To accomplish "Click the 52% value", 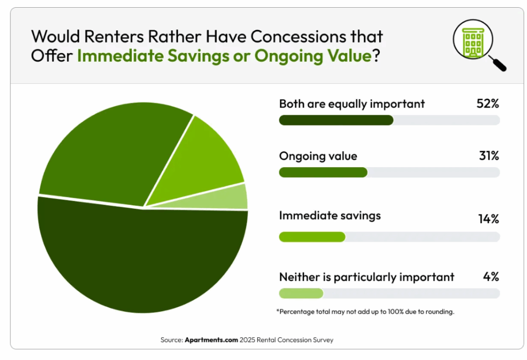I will pyautogui.click(x=487, y=103).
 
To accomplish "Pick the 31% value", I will pyautogui.click(x=488, y=156).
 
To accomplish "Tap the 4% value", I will pyautogui.click(x=491, y=277).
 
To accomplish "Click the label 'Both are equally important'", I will pyautogui.click(x=352, y=104).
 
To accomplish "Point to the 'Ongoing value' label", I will pyautogui.click(x=318, y=156).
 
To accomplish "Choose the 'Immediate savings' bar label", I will pyautogui.click(x=330, y=215).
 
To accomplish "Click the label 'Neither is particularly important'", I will pyautogui.click(x=366, y=277).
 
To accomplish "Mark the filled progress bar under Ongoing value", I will pyautogui.click(x=323, y=172).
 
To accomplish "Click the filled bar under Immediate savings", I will pyautogui.click(x=312, y=237).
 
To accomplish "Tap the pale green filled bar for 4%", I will pyautogui.click(x=301, y=293).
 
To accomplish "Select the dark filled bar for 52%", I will pyautogui.click(x=336, y=120).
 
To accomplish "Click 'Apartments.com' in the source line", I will pyautogui.click(x=211, y=340).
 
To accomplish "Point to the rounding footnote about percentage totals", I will pyautogui.click(x=365, y=312).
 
